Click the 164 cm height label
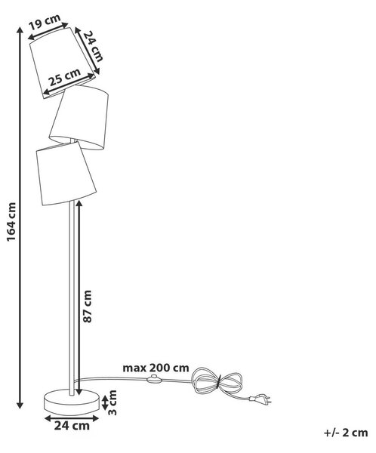coord(11,221)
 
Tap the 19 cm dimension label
coord(45,22)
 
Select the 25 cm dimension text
coord(64,77)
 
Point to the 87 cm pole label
coord(87,307)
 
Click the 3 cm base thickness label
coord(112,402)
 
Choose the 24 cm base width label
coord(72,426)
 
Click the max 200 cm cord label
coord(156,368)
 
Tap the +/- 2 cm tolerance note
coord(346,433)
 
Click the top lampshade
coord(63,63)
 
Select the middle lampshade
coord(79,117)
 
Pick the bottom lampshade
coord(66,174)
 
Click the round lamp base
coord(72,402)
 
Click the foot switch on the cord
coord(154,379)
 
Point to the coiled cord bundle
coord(217,382)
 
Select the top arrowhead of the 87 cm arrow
coord(79,204)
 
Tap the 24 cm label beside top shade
coord(94,46)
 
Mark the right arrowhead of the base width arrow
coord(95,418)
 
